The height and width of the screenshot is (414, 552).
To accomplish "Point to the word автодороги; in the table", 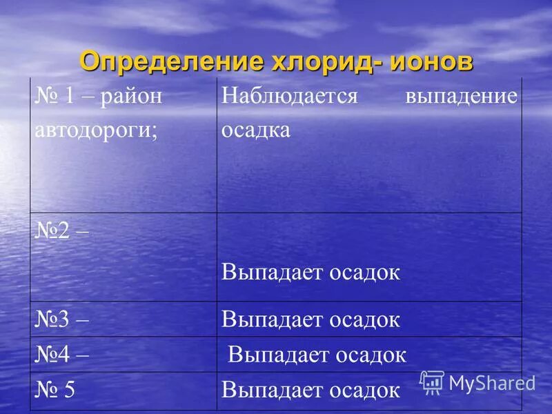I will click(97, 130).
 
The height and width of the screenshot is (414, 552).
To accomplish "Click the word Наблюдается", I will click(290, 96).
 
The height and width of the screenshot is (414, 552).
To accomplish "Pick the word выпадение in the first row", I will click(460, 96).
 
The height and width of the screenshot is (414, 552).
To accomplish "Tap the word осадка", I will click(256, 130).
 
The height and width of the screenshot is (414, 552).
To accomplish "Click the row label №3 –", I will click(62, 319).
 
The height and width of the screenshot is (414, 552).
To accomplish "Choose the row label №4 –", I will click(62, 355).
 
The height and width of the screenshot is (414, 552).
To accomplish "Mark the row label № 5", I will click(55, 390).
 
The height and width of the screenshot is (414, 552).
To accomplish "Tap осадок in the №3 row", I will click(366, 319).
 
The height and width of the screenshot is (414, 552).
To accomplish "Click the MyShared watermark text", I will click(492, 382).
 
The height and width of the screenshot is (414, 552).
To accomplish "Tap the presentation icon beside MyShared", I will click(432, 382).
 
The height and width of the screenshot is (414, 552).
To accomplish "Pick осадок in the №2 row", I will click(366, 272).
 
